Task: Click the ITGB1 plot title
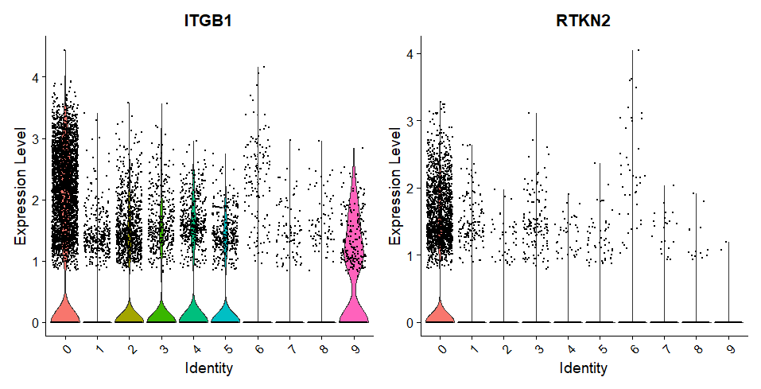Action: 209,21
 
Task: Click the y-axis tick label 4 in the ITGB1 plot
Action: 34,78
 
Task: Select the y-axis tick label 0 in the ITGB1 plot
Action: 34,322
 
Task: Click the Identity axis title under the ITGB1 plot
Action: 209,368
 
